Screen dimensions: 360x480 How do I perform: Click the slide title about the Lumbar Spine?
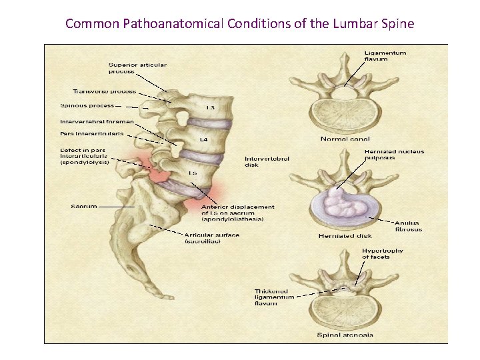click(x=240, y=24)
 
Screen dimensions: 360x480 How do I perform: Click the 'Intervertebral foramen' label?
click(x=97, y=122)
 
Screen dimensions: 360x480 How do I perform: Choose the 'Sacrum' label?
click(x=84, y=206)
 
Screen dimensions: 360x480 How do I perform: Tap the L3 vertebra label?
click(x=210, y=107)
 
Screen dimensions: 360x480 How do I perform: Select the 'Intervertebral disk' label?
click(x=261, y=161)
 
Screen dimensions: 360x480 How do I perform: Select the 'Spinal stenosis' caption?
click(x=346, y=335)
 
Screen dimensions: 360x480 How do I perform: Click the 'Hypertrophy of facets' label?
click(x=384, y=254)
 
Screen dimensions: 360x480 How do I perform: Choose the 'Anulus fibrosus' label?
click(x=407, y=226)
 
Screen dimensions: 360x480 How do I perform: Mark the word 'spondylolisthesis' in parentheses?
click(x=233, y=219)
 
